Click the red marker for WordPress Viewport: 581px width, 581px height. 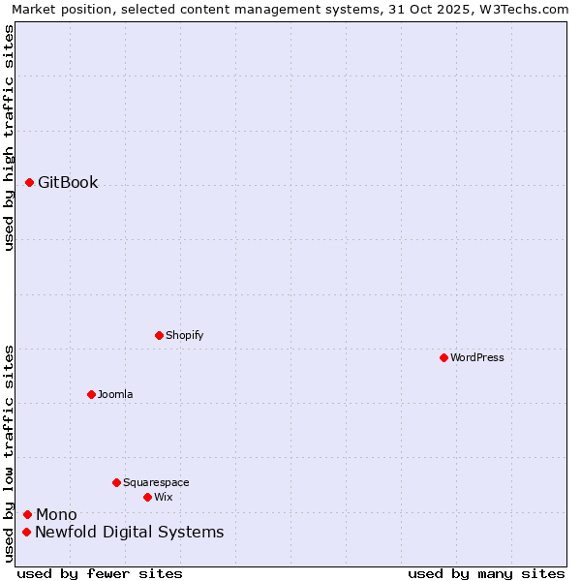443,357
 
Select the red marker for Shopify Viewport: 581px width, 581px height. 159,335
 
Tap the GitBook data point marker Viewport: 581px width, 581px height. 29,182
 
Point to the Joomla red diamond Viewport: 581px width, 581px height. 91,394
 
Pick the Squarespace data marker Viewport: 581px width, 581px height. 116,482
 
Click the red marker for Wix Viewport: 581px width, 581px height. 147,497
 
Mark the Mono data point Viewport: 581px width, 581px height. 27,514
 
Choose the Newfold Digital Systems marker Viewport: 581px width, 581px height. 26,532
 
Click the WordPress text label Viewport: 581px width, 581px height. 477,357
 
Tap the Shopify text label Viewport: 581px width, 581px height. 184,335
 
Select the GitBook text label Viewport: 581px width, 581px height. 68,182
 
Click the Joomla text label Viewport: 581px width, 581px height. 115,394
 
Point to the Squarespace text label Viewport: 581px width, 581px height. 156,482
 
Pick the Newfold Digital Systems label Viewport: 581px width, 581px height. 129,532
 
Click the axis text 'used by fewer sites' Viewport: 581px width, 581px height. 100,573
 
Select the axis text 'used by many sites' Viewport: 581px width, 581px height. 486,573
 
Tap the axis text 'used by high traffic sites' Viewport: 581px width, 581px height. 9,138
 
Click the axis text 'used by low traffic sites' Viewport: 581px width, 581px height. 9,453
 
